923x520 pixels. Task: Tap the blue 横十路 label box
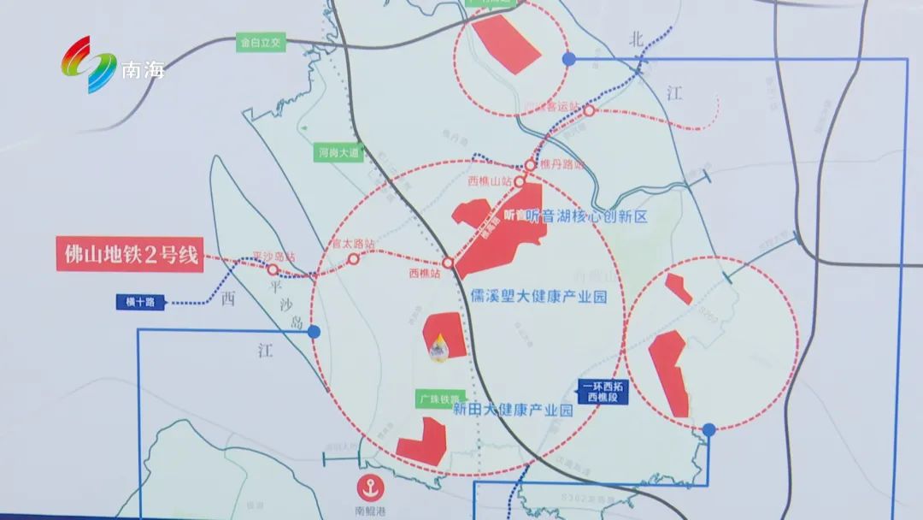(139, 301)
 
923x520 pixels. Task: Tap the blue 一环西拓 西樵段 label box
(603, 393)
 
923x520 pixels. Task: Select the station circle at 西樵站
(448, 263)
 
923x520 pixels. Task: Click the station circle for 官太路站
(352, 257)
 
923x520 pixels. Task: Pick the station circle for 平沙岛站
(273, 269)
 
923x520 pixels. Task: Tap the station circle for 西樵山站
(519, 182)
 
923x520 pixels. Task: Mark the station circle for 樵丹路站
(532, 164)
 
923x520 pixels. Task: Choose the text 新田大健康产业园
(512, 411)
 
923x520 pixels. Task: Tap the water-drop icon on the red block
(439, 347)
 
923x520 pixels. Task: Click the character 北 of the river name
(635, 38)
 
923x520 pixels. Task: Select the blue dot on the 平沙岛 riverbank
(314, 331)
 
